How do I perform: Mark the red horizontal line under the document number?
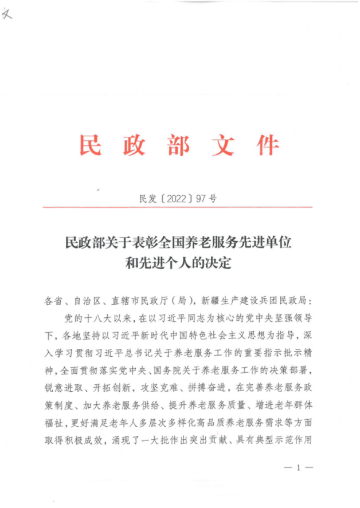177,207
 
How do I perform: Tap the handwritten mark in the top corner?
8,14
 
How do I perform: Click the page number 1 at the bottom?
298,468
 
